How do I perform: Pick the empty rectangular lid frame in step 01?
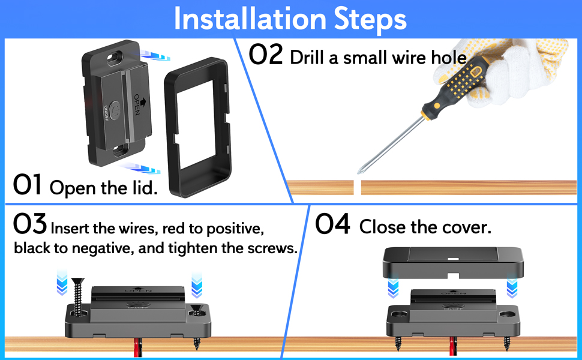(x=199, y=129)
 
